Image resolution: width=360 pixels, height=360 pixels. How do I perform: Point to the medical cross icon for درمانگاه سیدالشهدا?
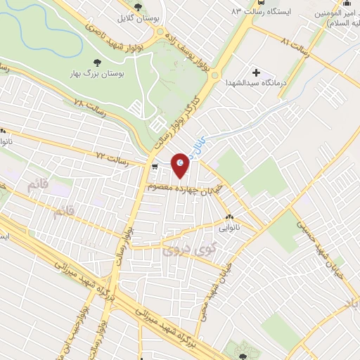pos(255,72)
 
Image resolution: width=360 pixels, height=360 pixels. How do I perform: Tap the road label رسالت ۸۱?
pos(295,43)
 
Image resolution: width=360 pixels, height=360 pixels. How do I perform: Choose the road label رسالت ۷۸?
pos(88,104)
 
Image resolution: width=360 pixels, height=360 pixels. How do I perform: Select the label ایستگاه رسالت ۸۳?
pos(262,13)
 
